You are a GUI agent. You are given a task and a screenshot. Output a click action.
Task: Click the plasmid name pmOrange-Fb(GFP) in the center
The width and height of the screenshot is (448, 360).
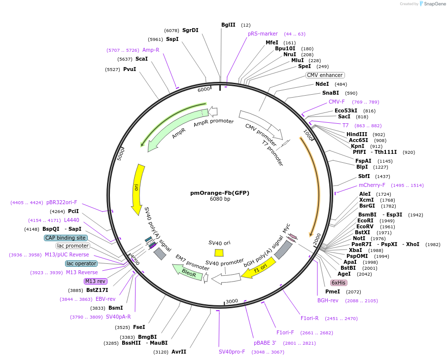(x=220, y=193)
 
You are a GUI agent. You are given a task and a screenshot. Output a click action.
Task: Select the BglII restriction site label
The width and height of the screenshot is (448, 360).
(x=228, y=25)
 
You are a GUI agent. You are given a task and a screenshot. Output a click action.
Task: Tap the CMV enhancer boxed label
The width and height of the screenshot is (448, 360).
(x=325, y=75)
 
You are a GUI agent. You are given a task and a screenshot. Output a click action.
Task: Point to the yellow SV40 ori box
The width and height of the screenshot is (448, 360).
(x=219, y=252)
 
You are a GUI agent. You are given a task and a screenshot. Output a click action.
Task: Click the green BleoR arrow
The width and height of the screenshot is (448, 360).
(x=188, y=272)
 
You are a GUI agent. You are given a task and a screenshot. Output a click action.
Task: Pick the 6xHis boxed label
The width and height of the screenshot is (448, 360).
(x=339, y=283)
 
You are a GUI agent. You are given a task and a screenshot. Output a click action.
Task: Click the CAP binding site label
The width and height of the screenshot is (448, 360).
(x=66, y=238)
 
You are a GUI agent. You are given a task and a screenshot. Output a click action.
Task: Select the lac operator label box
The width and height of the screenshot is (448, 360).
(x=81, y=263)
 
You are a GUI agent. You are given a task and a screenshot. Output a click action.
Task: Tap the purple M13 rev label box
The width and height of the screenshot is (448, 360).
(x=95, y=281)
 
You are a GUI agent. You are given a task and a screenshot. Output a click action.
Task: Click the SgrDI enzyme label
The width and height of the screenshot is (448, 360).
(x=190, y=30)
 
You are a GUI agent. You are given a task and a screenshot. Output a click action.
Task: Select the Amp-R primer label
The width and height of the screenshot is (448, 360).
(x=151, y=50)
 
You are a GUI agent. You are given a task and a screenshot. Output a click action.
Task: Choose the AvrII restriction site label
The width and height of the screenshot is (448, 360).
(x=179, y=352)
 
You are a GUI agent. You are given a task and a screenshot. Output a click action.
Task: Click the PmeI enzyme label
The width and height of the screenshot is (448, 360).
(x=332, y=291)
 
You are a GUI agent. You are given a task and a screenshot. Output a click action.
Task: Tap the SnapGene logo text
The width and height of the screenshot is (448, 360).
(x=433, y=4)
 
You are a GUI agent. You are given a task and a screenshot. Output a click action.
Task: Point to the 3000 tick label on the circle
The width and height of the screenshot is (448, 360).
(x=232, y=301)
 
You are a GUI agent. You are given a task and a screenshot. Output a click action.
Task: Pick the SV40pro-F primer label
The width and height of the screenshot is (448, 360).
(x=232, y=352)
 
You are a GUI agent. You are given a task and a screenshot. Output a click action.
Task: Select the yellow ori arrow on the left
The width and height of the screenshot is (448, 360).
(x=138, y=189)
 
